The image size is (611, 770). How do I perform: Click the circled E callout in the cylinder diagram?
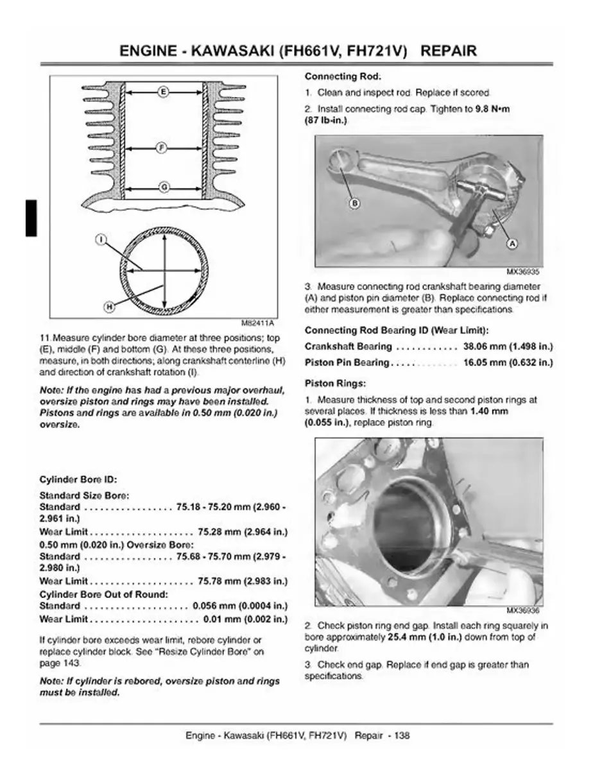click(x=163, y=92)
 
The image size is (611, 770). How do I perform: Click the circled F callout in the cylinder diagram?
click(x=163, y=148)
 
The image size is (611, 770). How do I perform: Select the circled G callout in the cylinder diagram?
click(x=163, y=187)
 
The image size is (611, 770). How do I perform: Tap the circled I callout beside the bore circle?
click(x=100, y=239)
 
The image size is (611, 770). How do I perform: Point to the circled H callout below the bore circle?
click(x=109, y=307)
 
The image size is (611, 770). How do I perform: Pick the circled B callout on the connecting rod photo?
click(x=352, y=203)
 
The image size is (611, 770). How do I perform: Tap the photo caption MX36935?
click(x=527, y=271)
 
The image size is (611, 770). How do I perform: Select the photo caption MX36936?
click(x=527, y=610)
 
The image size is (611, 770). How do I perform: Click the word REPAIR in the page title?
click(x=449, y=51)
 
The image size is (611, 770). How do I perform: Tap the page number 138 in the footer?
click(x=402, y=735)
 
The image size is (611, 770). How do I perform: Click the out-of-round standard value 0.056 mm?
click(x=214, y=606)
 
